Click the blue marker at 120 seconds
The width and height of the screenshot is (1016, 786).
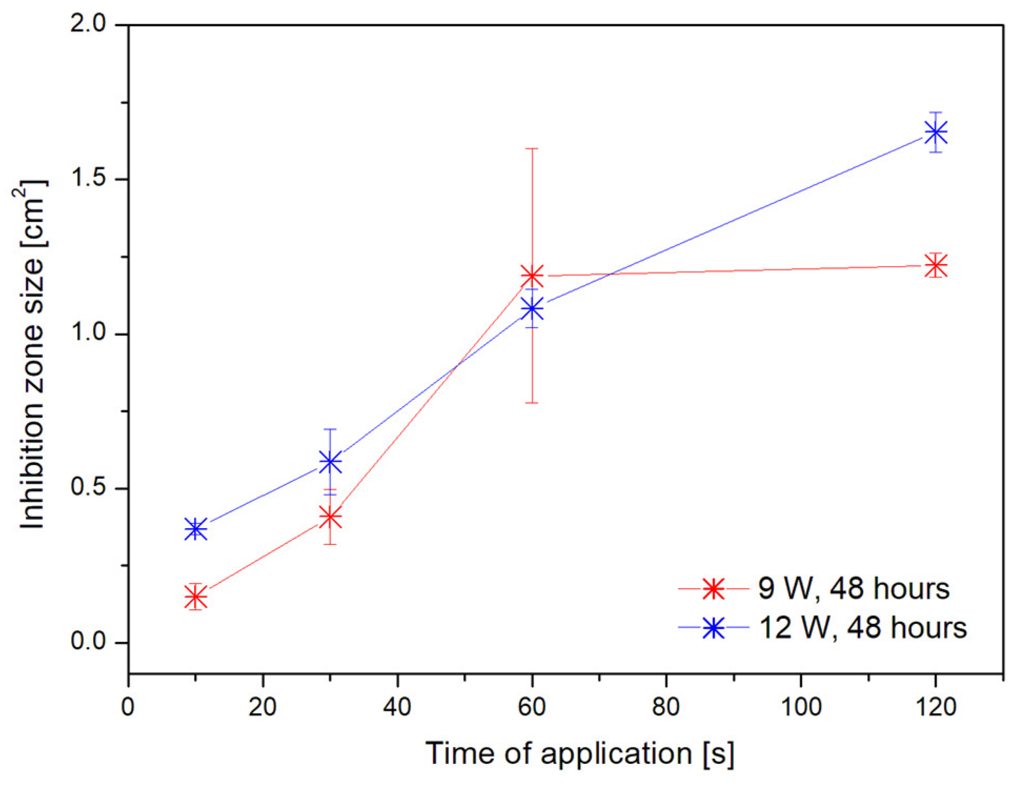pos(936,133)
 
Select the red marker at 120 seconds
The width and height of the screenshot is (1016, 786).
pos(936,265)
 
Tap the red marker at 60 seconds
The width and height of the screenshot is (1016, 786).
pos(532,276)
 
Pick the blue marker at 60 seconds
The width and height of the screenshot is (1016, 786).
pos(532,308)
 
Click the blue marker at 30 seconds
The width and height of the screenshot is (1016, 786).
pos(330,462)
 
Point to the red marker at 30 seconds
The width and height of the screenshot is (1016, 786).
pos(330,518)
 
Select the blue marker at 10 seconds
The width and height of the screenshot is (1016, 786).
pos(196,529)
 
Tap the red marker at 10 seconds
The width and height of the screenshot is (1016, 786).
pos(196,597)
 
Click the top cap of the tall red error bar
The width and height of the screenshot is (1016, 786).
pos(532,149)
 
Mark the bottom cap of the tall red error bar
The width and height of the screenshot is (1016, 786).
pos(532,403)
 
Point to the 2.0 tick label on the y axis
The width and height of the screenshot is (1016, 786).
pos(88,24)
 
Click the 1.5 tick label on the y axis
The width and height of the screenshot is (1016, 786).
pos(88,178)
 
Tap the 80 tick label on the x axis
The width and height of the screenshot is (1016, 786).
pos(666,707)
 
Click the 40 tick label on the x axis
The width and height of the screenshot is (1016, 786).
pos(397,707)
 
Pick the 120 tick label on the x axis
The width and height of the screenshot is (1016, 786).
pos(935,707)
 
